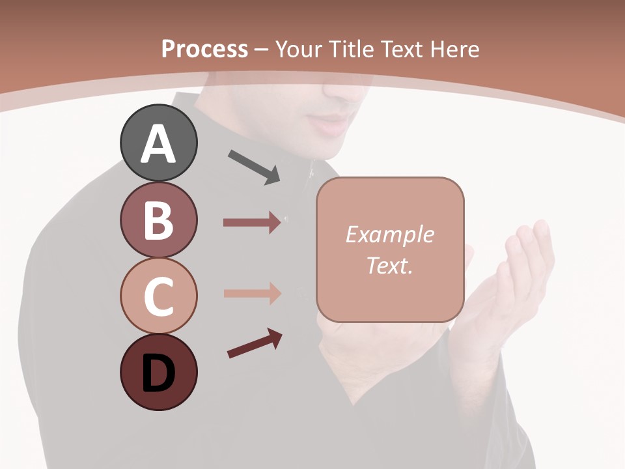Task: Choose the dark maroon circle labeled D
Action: click(158, 372)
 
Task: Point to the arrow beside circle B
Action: click(252, 223)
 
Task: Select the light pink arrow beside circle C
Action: click(252, 293)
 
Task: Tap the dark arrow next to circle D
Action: click(255, 344)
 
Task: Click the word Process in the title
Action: click(204, 50)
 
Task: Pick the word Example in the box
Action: click(389, 234)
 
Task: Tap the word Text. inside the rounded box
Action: click(389, 265)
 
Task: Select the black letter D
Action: click(158, 373)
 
